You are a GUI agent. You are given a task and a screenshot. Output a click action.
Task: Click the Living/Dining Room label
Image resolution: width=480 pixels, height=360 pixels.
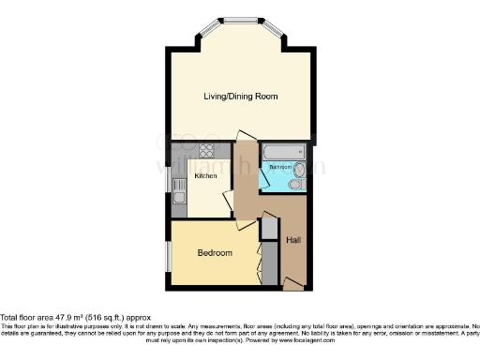tap(241, 97)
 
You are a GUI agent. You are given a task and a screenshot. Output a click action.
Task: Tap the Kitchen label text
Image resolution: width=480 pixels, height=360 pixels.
tap(205, 175)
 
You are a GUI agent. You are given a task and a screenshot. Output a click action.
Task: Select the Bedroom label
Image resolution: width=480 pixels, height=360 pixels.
tap(214, 253)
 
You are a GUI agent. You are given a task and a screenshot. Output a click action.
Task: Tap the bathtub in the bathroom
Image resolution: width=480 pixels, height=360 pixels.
tap(283, 151)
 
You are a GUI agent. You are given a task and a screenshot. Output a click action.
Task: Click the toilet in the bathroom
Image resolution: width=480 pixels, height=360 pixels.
tap(295, 185)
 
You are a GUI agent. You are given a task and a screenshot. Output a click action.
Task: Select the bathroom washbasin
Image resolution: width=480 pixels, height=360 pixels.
tap(299, 169)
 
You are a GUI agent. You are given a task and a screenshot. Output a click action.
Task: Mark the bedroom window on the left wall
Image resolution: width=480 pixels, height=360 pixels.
tap(169, 253)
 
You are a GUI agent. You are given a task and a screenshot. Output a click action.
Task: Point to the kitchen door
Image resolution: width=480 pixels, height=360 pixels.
tap(228, 202)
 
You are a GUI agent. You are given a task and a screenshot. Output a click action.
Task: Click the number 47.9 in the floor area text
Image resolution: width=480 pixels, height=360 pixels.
tap(69, 319)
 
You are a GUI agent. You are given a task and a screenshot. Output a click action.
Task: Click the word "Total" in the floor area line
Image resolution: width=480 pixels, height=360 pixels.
tap(8, 319)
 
